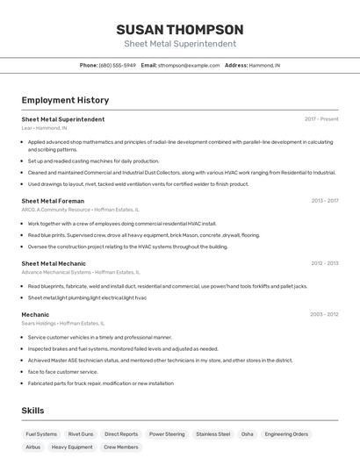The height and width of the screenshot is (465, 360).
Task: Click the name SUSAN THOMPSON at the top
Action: pos(179,30)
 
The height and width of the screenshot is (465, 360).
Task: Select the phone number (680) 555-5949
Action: pos(118,65)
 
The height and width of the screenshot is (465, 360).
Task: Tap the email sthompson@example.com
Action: pos(189,65)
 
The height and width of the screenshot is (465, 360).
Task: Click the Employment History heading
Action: pos(65,101)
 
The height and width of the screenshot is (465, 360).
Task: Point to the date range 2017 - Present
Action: pos(321,119)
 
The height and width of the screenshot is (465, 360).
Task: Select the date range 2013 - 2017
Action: pos(324,201)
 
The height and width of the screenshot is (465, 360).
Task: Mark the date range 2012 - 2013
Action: pos(324,263)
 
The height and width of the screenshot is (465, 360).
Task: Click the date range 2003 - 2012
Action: pos(324,314)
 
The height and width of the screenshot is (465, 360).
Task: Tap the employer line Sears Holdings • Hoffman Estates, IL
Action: pos(68,324)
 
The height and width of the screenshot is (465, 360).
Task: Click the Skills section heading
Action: pos(32,411)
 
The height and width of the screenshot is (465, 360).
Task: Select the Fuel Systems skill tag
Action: pos(41,434)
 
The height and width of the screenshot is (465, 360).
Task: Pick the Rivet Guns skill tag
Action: pos(81,434)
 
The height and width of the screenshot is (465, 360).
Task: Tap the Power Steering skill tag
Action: pos(167,434)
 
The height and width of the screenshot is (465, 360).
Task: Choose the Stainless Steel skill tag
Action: pos(213,434)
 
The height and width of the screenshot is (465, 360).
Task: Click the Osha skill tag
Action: pos(248,434)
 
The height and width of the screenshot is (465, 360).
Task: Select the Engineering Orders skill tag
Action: pos(286,434)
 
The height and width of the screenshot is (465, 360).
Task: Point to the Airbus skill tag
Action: pos(33,447)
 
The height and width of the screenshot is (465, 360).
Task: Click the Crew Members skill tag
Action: pos(121,447)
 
